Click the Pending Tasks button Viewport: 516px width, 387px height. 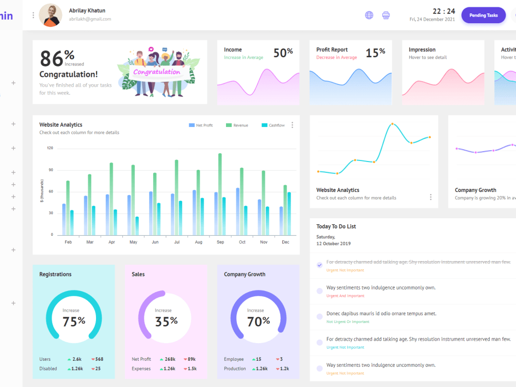coord(483,15)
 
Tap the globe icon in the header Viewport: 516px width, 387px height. coord(369,15)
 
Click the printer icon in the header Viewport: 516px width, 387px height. coord(386,15)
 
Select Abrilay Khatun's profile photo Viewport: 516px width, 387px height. coord(51,15)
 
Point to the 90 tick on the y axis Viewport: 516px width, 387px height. coord(50,170)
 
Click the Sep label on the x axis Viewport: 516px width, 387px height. coord(220,242)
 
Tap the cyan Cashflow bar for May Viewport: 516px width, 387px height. coord(137,225)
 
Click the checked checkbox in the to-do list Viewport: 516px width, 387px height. coord(319,265)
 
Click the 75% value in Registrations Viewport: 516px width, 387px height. coord(74,321)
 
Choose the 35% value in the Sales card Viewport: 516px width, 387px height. coord(166,321)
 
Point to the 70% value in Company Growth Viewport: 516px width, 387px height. coord(259,321)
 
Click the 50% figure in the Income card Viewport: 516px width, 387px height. coord(283,53)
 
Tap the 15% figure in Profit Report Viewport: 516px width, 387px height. coord(375,53)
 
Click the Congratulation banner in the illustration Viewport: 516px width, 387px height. coord(157,72)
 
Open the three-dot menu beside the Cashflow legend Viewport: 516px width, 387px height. coord(293,125)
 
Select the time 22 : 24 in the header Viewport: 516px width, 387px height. coord(444,11)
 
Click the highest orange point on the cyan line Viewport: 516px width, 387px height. coord(392,124)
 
